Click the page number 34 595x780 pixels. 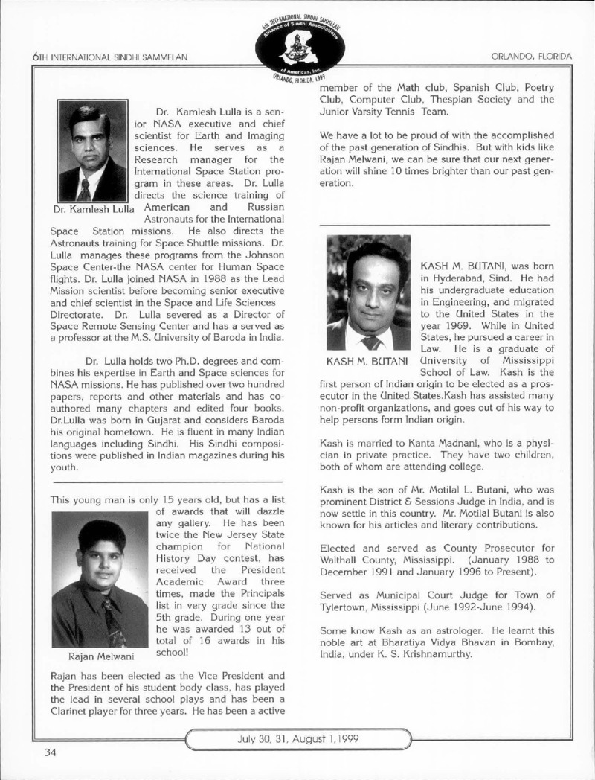(49, 752)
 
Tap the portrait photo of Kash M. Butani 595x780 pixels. (368, 292)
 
